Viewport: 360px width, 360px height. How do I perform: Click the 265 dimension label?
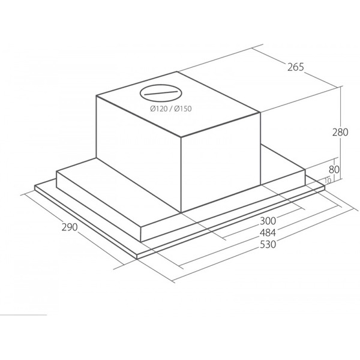296,67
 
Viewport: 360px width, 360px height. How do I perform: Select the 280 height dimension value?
340,132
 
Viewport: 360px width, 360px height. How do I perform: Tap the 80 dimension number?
334,170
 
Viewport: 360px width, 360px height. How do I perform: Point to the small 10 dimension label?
328,181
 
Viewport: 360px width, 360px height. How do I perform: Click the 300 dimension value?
268,221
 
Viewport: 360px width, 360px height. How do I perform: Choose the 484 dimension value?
268,233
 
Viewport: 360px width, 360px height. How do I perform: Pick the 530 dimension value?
268,244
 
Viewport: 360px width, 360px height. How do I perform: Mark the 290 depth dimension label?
70,227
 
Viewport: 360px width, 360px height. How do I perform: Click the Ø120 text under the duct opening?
160,109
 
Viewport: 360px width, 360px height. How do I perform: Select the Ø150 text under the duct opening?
183,109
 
